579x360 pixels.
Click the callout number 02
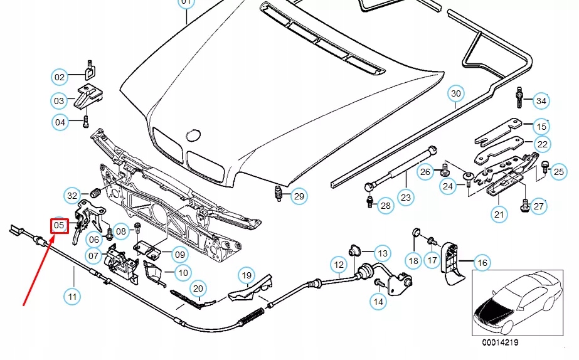click(60, 77)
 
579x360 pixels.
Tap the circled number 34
click(541, 101)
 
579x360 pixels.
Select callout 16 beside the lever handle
click(482, 263)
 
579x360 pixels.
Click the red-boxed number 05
click(60, 225)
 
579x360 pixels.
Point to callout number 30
click(456, 93)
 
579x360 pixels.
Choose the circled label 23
click(406, 198)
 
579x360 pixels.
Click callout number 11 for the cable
click(72, 296)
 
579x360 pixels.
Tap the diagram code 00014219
click(500, 342)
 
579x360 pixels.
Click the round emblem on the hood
click(193, 135)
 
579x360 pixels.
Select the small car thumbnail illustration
click(518, 303)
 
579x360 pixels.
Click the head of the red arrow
click(53, 236)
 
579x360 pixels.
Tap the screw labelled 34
click(519, 97)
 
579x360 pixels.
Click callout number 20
click(198, 289)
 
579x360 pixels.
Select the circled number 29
click(299, 196)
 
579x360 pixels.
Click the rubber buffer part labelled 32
click(95, 193)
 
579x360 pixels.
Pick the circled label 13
click(383, 253)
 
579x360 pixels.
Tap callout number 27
click(539, 206)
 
